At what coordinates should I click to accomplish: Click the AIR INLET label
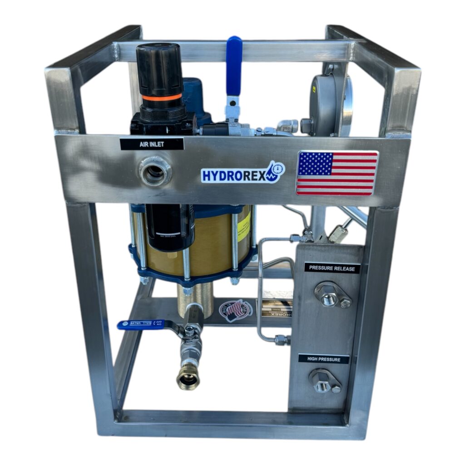pos(152,144)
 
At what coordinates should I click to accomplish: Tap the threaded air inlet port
pos(155,171)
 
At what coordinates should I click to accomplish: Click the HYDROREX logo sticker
pos(242,173)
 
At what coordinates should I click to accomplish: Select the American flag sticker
pos(337,173)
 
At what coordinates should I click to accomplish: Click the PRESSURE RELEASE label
pos(332,268)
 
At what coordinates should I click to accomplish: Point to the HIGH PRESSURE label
pos(323,359)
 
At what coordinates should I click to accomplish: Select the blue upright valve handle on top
pos(234,66)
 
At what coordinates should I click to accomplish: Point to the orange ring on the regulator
pos(162,98)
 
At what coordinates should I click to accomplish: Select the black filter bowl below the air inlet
pos(169,227)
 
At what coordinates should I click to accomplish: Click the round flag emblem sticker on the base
pos(236,311)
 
